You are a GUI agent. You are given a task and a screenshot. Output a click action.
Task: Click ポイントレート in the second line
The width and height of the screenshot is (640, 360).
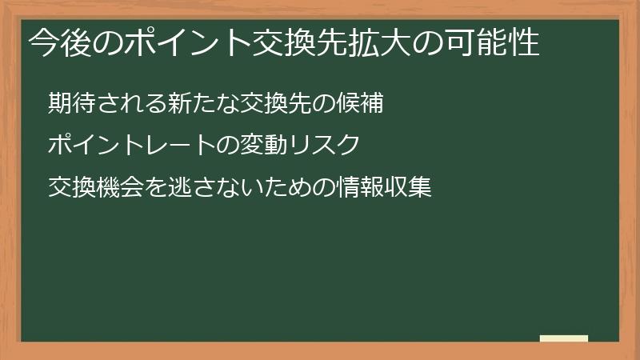(124, 146)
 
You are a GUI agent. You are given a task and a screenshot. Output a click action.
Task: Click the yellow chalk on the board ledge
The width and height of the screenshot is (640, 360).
(563, 338)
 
